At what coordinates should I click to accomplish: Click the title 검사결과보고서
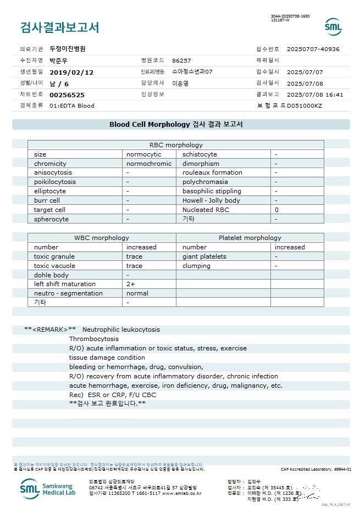click(x=60, y=27)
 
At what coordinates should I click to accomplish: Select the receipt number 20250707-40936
click(x=313, y=49)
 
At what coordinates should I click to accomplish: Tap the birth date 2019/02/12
click(x=71, y=72)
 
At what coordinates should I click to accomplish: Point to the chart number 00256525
click(x=67, y=94)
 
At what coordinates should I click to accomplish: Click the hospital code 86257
click(x=181, y=60)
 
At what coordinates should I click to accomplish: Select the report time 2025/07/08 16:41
click(x=315, y=94)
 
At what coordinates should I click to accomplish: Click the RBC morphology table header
click(x=176, y=145)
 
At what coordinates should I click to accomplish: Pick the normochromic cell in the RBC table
click(x=149, y=164)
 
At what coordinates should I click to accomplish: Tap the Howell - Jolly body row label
click(x=211, y=200)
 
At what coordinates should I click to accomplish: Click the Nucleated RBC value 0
click(x=276, y=210)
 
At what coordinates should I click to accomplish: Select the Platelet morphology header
click(x=250, y=238)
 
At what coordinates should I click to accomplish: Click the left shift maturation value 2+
click(x=131, y=284)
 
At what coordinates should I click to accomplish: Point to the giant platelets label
click(x=204, y=256)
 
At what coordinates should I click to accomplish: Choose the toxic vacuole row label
click(x=54, y=266)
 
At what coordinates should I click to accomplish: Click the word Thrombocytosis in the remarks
click(x=94, y=339)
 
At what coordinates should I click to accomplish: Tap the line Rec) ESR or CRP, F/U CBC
click(x=113, y=395)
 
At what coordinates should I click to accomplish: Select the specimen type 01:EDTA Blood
click(x=72, y=105)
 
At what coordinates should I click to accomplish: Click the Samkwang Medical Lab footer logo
click(x=49, y=487)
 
